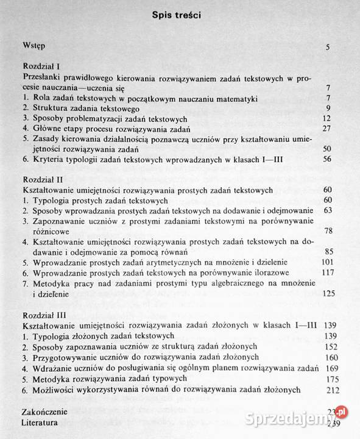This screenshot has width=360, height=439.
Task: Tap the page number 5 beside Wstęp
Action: pyautogui.click(x=328, y=47)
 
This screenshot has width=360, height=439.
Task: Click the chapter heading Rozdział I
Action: pyautogui.click(x=40, y=66)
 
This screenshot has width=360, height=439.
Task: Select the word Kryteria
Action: pyautogui.click(x=50, y=161)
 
